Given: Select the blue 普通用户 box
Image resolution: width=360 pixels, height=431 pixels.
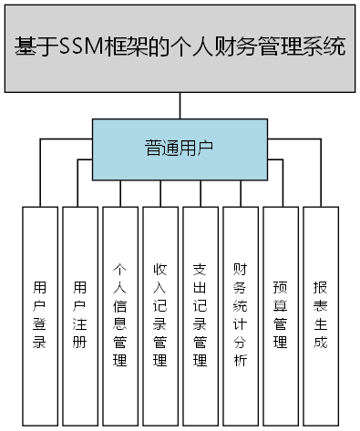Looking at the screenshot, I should (x=180, y=147).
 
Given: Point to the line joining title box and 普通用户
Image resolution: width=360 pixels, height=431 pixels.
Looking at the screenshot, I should (x=180, y=107).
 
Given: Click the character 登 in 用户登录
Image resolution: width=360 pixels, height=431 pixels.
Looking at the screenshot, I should (x=39, y=323).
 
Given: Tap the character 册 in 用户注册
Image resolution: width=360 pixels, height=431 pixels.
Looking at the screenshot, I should (x=79, y=343).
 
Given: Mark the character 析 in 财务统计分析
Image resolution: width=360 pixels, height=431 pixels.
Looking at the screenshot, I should (x=240, y=361).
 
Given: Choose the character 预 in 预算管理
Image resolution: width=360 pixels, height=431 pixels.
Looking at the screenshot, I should (x=280, y=287).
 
